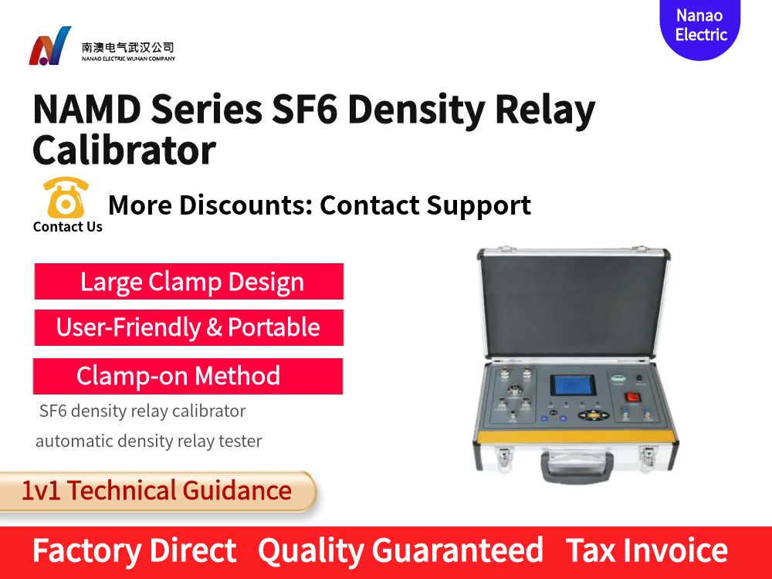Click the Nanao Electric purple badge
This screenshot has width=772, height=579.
click(699, 26)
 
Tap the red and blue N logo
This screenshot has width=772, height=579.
click(49, 46)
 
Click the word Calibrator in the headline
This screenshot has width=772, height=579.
click(124, 151)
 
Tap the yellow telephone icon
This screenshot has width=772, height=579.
click(66, 198)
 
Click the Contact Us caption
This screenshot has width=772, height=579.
click(68, 227)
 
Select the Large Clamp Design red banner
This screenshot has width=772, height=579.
click(189, 281)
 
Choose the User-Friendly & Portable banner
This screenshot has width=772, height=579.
click(189, 327)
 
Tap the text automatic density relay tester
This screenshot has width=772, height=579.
click(149, 442)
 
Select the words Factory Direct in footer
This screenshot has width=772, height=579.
click(134, 551)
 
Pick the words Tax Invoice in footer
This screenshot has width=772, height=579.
click(647, 551)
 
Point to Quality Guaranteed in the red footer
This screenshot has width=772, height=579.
click(401, 551)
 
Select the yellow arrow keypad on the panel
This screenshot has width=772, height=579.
click(592, 415)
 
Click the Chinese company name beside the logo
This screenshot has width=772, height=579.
click(128, 47)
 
